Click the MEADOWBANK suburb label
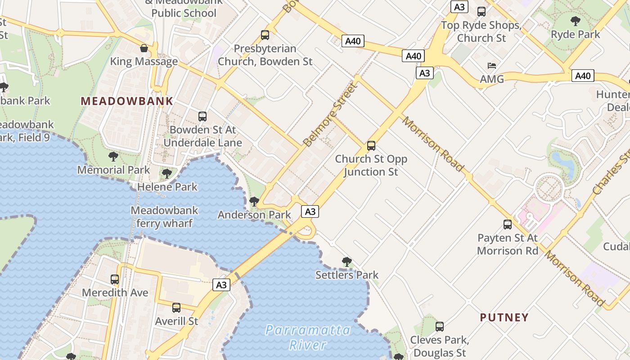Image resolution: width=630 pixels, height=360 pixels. (127, 101)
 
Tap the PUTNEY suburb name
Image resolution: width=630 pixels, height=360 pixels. (504, 318)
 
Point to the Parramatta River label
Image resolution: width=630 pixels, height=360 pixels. (308, 337)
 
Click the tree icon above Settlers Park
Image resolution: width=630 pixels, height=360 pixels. (346, 261)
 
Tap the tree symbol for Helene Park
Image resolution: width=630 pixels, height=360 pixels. (167, 173)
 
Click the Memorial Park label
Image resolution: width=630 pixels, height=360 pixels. (113, 170)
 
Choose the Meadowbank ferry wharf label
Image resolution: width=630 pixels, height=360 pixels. (164, 216)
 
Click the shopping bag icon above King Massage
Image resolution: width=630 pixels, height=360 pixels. (144, 48)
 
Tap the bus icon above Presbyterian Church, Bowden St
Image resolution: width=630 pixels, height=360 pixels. (265, 35)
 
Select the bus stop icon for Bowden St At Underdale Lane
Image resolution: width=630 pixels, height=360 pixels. (202, 117)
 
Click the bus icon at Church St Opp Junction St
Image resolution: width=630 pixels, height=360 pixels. (371, 146)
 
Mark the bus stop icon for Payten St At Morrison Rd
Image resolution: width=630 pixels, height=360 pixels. (508, 225)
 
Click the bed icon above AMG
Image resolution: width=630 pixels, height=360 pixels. (492, 66)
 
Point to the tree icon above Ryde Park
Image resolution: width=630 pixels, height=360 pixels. (575, 21)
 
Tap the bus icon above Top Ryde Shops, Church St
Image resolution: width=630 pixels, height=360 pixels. (481, 12)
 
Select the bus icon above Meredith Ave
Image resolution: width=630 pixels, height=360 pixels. (115, 279)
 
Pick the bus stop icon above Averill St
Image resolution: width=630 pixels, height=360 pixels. (176, 308)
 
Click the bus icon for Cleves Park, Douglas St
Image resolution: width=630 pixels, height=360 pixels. (440, 327)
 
